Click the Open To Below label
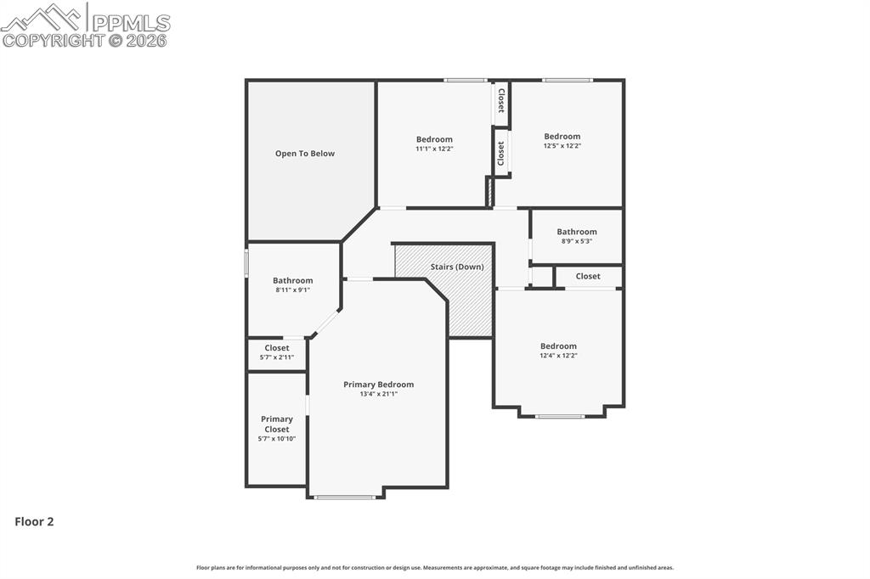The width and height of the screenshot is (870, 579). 305,154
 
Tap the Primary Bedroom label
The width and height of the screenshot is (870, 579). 378,385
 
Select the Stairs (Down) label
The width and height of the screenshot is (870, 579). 457,267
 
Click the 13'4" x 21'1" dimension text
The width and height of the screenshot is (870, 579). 378,394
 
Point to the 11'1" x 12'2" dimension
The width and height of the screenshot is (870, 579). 434,149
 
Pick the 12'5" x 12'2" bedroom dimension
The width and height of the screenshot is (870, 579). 562,146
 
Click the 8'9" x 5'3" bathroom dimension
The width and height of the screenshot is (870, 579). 577,241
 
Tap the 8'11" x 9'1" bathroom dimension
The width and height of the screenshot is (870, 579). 292,290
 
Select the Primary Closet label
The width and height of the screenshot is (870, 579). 277,424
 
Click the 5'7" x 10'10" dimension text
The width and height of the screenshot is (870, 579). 277,439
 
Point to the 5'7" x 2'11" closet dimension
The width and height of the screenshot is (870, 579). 277,357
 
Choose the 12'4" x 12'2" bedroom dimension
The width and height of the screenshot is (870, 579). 558,356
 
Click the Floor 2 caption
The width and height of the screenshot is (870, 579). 34,521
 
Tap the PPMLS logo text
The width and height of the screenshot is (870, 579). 131,23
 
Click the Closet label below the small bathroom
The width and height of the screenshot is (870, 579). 588,276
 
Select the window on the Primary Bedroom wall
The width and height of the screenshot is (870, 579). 345,497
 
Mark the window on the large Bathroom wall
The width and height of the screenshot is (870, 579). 246,263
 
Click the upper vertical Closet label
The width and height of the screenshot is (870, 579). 501,101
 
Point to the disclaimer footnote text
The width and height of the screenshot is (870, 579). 435,568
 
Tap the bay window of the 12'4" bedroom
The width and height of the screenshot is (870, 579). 560,416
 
